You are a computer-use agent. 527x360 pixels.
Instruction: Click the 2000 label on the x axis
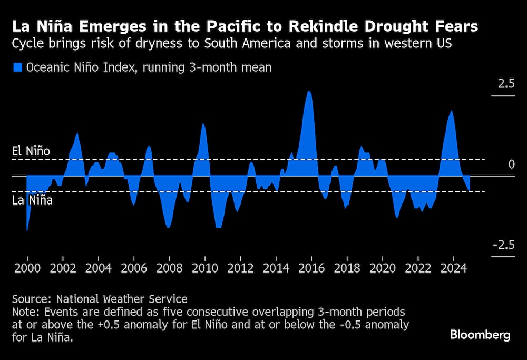click(27, 268)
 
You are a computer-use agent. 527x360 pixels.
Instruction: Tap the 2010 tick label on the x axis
click(205, 268)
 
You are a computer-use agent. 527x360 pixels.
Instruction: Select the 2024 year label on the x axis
click(454, 268)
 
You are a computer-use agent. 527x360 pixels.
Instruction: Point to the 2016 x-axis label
click(311, 268)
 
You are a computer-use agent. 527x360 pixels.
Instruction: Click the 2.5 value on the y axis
click(503, 83)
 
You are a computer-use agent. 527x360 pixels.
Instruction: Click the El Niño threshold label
click(31, 152)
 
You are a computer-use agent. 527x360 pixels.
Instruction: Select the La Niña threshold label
click(32, 200)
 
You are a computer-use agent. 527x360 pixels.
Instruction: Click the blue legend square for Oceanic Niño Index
click(17, 67)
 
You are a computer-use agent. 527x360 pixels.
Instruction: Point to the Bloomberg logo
click(480, 335)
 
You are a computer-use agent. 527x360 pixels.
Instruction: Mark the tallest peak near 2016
click(309, 92)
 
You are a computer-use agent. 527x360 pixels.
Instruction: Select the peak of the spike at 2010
click(203, 123)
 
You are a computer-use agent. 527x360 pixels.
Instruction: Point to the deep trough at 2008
click(169, 227)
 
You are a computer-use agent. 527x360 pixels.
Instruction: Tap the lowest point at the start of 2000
click(27, 230)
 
